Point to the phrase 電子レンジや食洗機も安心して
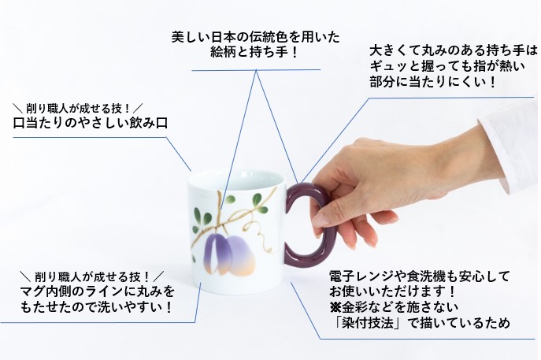[x=420, y=276]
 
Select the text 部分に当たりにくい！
[x=433, y=82]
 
